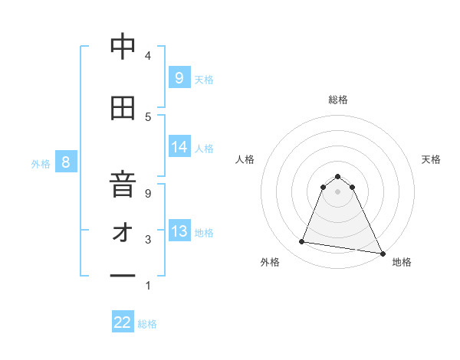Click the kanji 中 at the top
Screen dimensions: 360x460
coord(123,47)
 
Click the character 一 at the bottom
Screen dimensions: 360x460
coord(123,274)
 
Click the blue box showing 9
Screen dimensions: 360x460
coord(179,77)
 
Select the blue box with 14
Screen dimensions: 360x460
coord(179,147)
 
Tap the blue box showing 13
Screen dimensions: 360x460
coord(179,231)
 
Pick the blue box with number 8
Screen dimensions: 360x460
coord(66,162)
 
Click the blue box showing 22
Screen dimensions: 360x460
coord(123,322)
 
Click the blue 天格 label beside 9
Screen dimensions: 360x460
coord(204,79)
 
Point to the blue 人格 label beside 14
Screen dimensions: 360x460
coord(204,149)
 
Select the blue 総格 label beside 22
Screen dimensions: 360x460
coord(147,324)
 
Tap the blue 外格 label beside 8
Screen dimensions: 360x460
coord(41,163)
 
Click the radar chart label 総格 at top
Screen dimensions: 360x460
coord(338,100)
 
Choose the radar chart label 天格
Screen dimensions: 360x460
coord(432,159)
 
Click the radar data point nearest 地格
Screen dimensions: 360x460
coord(382,252)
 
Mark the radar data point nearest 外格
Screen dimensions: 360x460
coord(301,242)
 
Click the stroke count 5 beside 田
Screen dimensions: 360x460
coord(148,116)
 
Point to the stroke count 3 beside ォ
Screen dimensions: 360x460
coord(148,240)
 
